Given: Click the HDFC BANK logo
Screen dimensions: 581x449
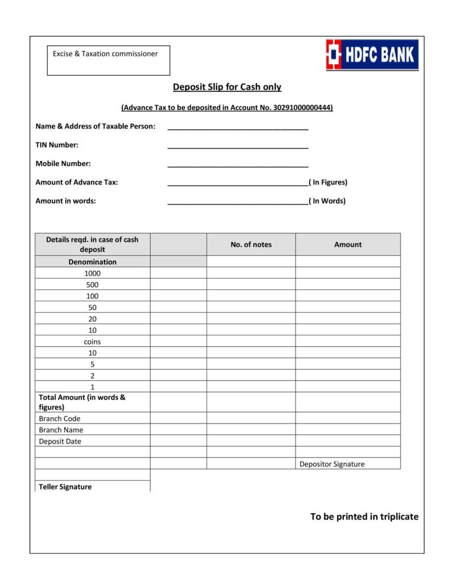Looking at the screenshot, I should point(372,55).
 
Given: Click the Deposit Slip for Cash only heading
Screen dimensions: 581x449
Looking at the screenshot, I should point(227,87).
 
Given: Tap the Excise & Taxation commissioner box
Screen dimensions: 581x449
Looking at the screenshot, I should point(108,60).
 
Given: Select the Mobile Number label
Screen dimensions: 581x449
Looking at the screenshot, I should point(63,164).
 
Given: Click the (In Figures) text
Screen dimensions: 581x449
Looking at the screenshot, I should point(329,182).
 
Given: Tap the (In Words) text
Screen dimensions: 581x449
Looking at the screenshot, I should point(327,201).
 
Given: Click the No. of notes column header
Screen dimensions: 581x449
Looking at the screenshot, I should point(251,244).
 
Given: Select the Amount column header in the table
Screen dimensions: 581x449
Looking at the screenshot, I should point(347,244).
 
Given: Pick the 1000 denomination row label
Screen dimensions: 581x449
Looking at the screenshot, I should point(92,273).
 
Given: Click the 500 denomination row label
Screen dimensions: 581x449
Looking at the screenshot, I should point(92,285).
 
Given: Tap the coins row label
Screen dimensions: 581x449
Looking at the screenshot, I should point(92,342).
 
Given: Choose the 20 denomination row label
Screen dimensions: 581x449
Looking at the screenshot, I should point(92,319).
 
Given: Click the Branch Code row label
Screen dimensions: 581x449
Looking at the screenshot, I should point(60,418).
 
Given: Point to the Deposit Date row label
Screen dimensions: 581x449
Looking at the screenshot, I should point(60,441).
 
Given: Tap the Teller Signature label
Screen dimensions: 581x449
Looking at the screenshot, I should point(65,487).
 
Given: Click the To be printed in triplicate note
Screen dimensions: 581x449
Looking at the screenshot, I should point(364,517).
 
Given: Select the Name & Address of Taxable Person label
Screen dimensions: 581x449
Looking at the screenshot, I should point(95,126).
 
